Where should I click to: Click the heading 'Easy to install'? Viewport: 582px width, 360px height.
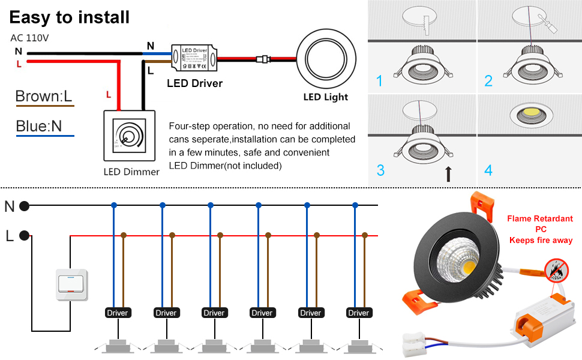tap(70, 17)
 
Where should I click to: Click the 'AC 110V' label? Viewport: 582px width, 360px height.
tap(29, 38)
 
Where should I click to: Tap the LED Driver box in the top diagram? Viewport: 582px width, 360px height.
tap(194, 58)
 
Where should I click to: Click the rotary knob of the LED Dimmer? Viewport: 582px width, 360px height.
tap(128, 133)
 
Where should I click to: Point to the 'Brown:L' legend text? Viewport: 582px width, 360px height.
tap(44, 96)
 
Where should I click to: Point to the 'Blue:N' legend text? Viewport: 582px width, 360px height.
tap(39, 126)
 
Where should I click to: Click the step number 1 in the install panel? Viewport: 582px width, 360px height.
tap(379, 81)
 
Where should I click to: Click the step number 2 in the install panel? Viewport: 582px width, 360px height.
tap(488, 81)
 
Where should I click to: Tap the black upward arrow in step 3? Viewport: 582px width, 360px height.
tap(448, 175)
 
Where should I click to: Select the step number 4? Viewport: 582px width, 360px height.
tap(488, 170)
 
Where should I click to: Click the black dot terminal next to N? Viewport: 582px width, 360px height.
tap(24, 206)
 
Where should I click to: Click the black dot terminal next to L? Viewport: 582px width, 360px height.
tap(24, 236)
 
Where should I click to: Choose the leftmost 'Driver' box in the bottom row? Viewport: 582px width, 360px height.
tap(117, 313)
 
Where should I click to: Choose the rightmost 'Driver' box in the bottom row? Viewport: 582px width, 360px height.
tap(358, 313)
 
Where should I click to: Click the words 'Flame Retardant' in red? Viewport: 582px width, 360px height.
tap(540, 219)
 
